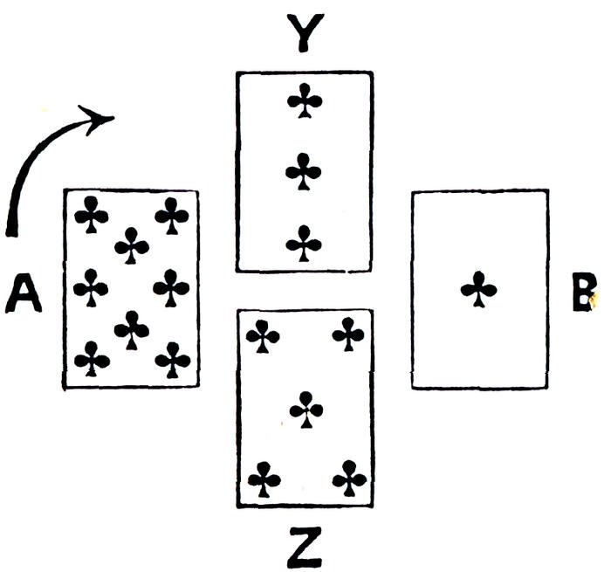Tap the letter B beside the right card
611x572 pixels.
pyautogui.click(x=583, y=293)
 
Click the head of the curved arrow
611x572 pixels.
pyautogui.click(x=101, y=117)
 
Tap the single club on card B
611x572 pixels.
pyautogui.click(x=479, y=289)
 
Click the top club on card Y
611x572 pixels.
pyautogui.click(x=305, y=100)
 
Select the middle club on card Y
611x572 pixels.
pyautogui.click(x=304, y=172)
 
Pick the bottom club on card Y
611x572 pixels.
pyautogui.click(x=304, y=244)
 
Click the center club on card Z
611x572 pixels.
pyautogui.click(x=306, y=409)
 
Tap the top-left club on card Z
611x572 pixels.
pyautogui.click(x=263, y=336)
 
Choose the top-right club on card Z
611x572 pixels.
pyautogui.click(x=349, y=334)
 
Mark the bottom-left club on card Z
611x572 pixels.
pyautogui.click(x=264, y=479)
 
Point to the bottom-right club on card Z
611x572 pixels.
pyautogui.click(x=349, y=477)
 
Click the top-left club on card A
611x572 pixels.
pyautogui.click(x=91, y=214)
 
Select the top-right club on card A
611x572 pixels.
pyautogui.click(x=172, y=214)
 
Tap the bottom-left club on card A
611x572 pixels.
pyautogui.click(x=92, y=358)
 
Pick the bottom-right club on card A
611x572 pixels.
pyautogui.click(x=172, y=358)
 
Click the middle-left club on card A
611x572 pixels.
pyautogui.click(x=91, y=287)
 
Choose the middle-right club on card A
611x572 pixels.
pyautogui.click(x=171, y=286)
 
